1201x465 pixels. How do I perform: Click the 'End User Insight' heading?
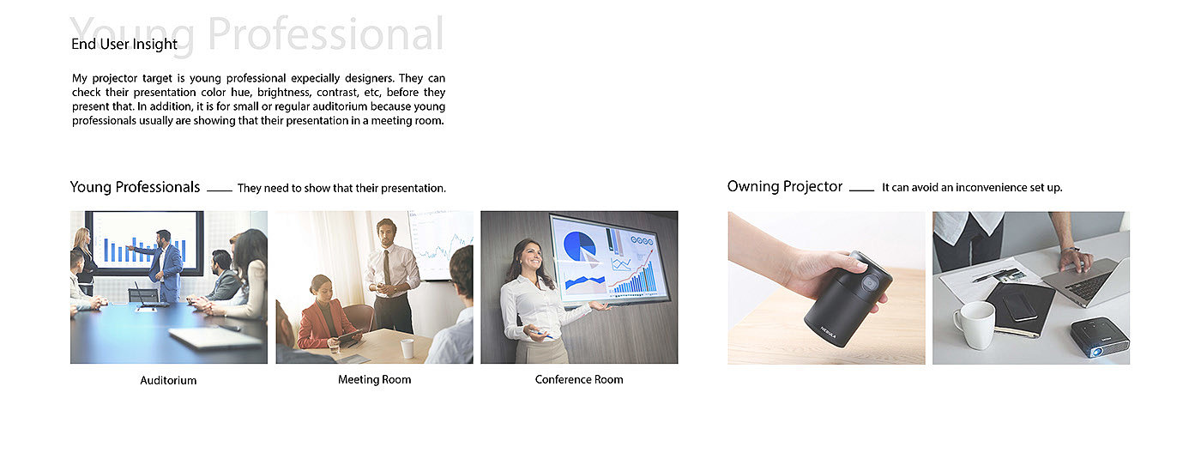pyautogui.click(x=124, y=44)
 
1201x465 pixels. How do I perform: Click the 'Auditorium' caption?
pyautogui.click(x=168, y=380)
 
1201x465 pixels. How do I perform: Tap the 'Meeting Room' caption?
pyautogui.click(x=374, y=380)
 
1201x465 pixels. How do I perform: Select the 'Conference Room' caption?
pyautogui.click(x=579, y=380)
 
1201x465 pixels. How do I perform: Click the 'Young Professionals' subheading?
pyautogui.click(x=136, y=187)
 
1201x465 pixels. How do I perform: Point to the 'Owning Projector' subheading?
pyautogui.click(x=785, y=187)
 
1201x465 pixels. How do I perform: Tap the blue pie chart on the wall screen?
pyautogui.click(x=579, y=245)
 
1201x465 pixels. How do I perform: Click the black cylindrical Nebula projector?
pyautogui.click(x=848, y=299)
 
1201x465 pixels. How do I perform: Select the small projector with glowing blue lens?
pyautogui.click(x=1099, y=337)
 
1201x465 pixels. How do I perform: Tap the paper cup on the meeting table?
pyautogui.click(x=407, y=348)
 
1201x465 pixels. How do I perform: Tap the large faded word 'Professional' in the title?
pyautogui.click(x=325, y=33)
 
